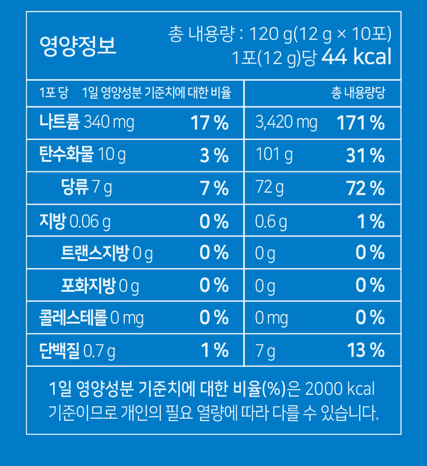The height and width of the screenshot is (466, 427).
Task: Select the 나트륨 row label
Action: coord(60,122)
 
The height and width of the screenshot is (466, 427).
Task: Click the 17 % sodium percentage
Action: coord(209,123)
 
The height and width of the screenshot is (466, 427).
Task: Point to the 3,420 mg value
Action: coord(286,123)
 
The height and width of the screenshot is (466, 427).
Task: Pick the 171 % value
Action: coord(361,123)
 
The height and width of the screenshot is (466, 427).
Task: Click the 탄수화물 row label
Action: coord(66,155)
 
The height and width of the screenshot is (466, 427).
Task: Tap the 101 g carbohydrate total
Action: coord(274,155)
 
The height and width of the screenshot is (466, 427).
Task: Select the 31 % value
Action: coord(365,156)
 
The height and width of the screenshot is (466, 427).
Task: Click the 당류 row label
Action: coord(75,188)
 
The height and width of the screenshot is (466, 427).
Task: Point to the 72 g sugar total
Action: coord(269,188)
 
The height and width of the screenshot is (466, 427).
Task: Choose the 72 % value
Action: coord(365,188)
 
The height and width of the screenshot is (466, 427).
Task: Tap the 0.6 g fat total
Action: coord(271,221)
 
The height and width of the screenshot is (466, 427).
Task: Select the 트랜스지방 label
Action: coord(95,253)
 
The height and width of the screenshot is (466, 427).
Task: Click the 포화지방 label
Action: coord(88,286)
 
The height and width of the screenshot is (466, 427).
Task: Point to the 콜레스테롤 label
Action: coord(74,318)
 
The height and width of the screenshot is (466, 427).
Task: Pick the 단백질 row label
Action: coord(59,351)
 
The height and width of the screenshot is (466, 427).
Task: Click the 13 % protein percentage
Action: coord(365,351)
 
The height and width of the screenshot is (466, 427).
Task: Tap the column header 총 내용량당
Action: coord(358,93)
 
